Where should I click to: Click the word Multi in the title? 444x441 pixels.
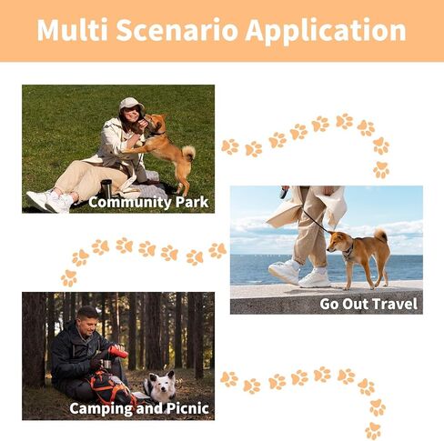coord(73,30)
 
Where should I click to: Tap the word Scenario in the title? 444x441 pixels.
coord(177,30)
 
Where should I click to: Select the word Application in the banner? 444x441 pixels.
coord(326,31)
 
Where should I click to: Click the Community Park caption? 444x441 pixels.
coord(148,202)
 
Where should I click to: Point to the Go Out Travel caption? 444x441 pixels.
coord(368,304)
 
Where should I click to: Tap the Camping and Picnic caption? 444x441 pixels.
coord(139,408)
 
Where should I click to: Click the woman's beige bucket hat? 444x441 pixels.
coord(131,104)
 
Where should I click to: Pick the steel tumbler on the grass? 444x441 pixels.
coord(106,189)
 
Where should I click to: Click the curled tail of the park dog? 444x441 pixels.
coord(189,153)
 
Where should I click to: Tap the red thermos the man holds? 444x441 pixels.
coord(118,352)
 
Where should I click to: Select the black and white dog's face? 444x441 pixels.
coord(163,382)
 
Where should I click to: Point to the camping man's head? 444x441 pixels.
coord(87,321)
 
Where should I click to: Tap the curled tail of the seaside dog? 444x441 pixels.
coord(381,235)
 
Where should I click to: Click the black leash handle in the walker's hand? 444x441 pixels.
coord(284,192)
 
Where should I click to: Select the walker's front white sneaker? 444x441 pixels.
coord(315,278)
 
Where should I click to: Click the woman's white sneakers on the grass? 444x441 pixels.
coord(51,200)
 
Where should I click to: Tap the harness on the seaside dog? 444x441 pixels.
coord(348,251)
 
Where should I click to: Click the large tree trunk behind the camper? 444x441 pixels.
coord(34,339)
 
